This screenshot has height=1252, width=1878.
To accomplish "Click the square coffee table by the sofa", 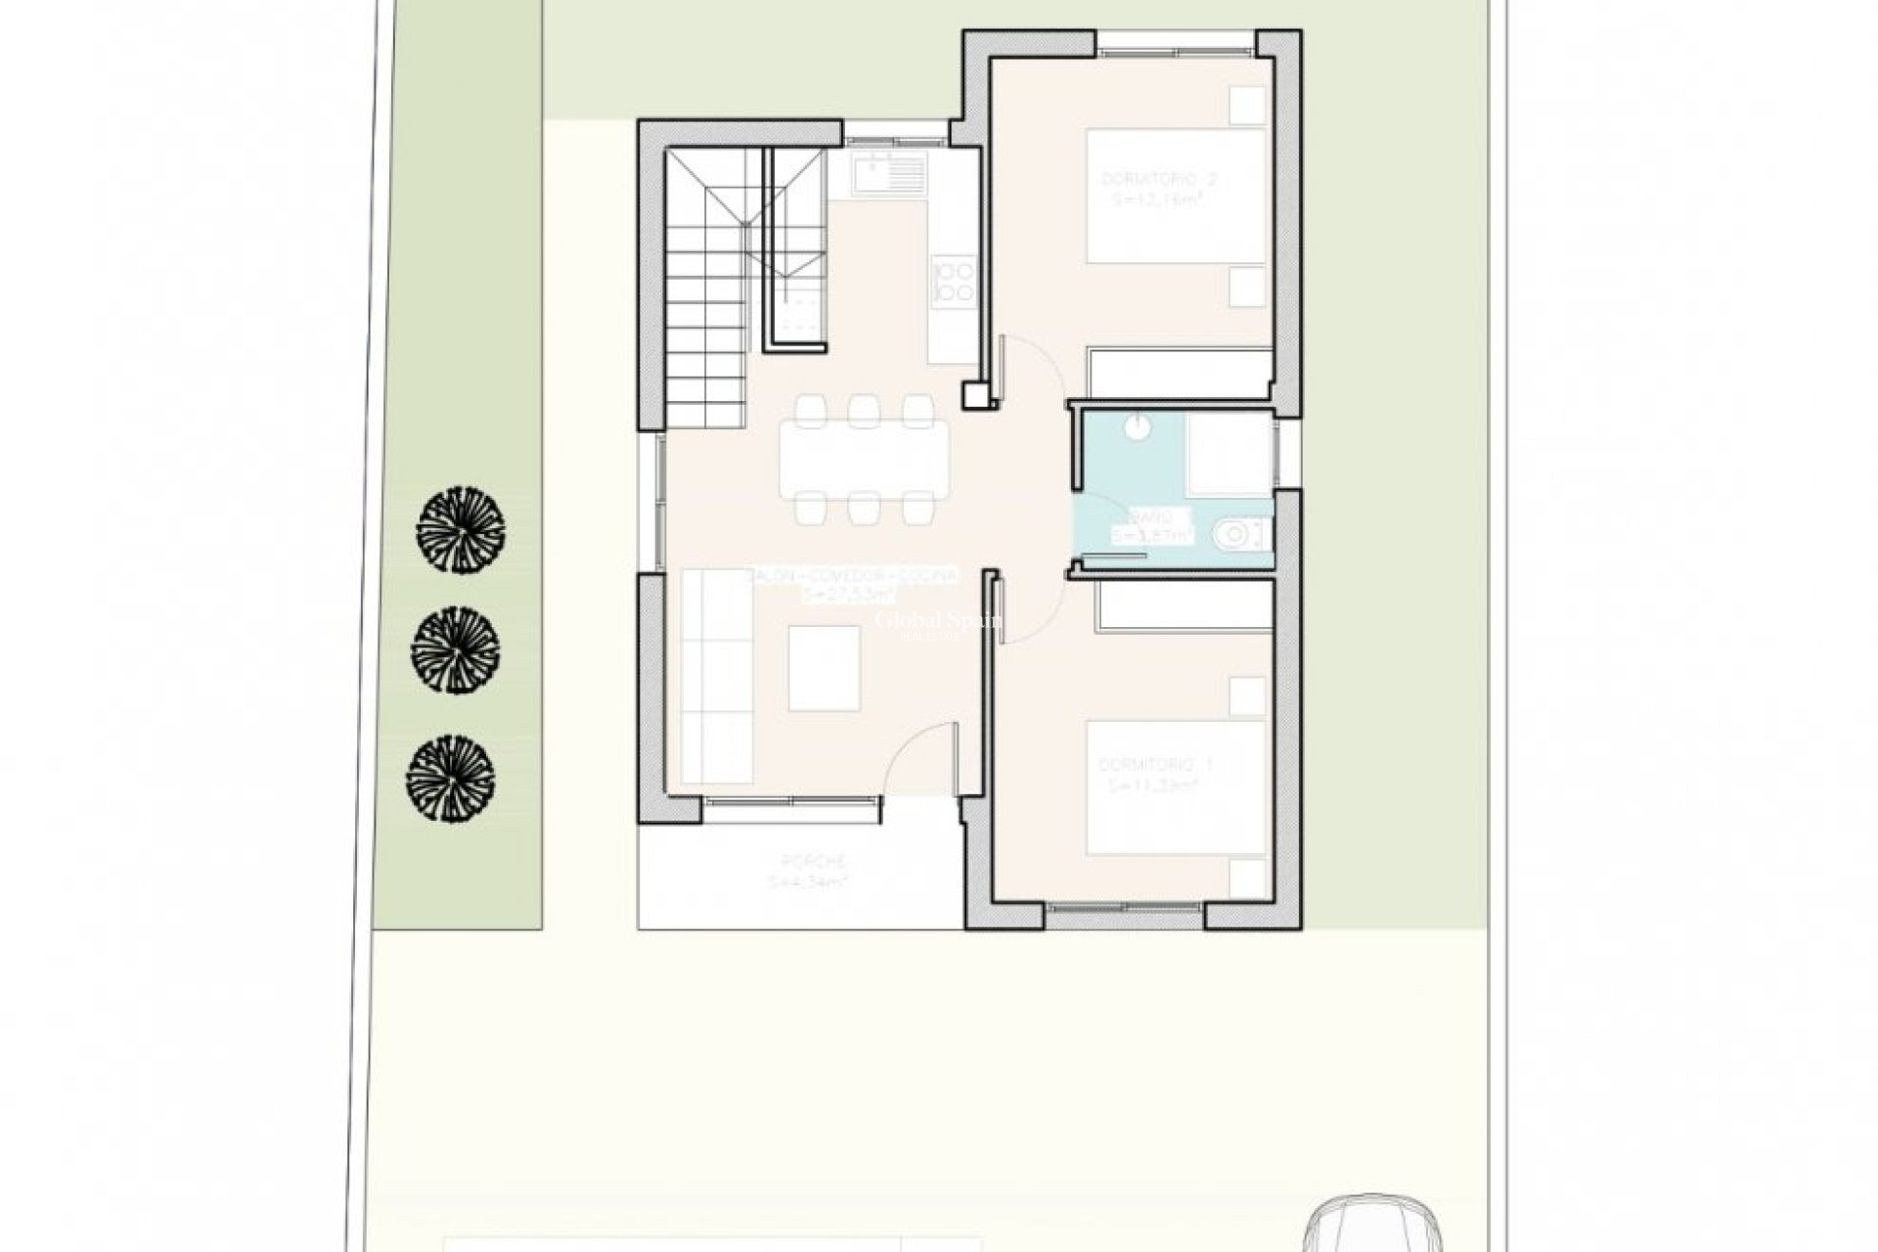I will [x=824, y=668].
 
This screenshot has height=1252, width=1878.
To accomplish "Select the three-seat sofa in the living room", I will [x=717, y=676].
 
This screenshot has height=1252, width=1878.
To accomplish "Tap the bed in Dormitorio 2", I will [x=1177, y=196].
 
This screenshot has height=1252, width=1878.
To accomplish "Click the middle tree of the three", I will [x=456, y=648].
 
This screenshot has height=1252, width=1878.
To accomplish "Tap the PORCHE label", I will [x=814, y=861].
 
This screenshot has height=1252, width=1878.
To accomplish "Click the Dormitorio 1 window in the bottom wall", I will [x=1125, y=909].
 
